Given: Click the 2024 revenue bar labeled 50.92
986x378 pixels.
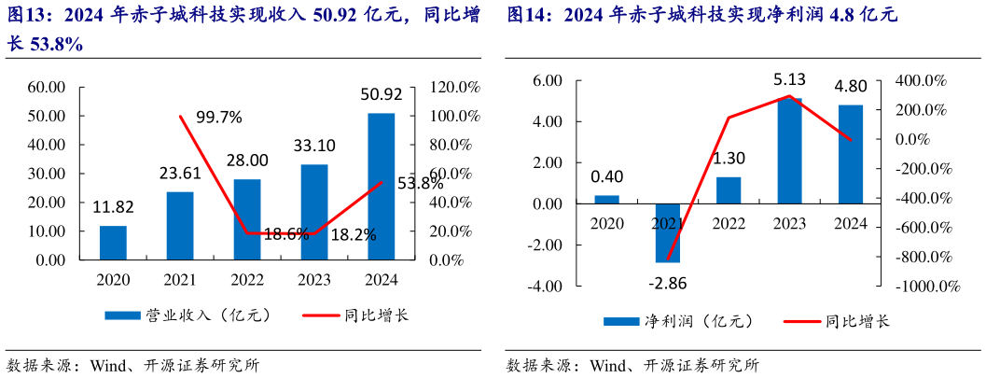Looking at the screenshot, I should coord(381,187).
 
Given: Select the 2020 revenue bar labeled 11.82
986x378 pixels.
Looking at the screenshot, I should coord(113,243).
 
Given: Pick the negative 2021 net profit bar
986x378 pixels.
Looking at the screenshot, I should coord(668,232).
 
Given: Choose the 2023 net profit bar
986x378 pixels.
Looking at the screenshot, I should coord(789,150).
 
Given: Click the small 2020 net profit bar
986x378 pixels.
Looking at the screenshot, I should coord(607,199).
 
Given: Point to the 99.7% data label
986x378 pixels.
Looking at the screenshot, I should coord(219,117).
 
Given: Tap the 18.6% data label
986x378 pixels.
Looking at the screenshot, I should coord(286,234).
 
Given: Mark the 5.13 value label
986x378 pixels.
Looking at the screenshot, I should coord(789,80).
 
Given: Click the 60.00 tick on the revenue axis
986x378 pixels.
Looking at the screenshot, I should coord(46,87).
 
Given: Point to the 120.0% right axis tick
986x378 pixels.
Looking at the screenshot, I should coord(454,87).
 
